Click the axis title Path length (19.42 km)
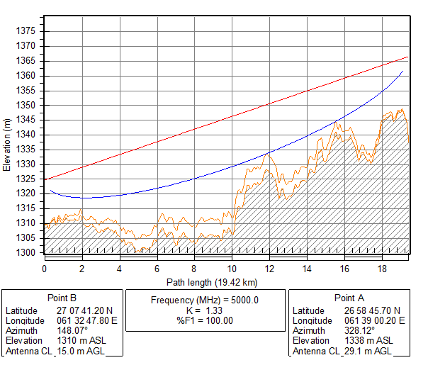click(210, 281)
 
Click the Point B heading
click(63, 298)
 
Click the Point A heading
click(350, 298)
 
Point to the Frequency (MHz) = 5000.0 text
click(205, 300)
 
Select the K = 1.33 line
click(205, 310)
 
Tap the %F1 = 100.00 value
click(205, 320)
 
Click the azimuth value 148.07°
click(72, 331)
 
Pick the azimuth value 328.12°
click(360, 331)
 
